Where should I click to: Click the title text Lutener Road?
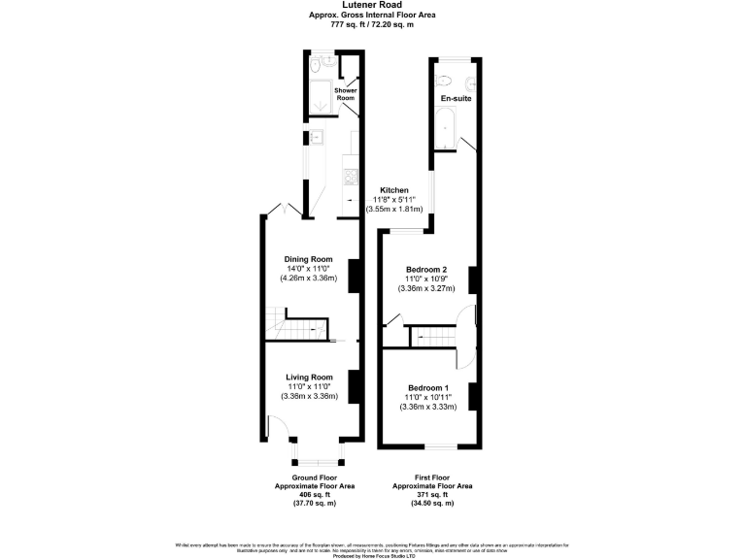click(x=372, y=5)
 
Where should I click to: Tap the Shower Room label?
click(x=347, y=94)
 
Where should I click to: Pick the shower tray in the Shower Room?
click(x=317, y=96)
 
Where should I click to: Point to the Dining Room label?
click(x=308, y=259)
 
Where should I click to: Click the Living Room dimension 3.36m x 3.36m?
click(x=308, y=396)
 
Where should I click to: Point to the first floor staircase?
click(x=432, y=337)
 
